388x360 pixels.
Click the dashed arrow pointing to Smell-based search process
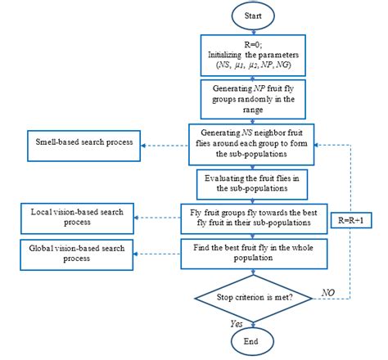pyautogui.click(x=164, y=146)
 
